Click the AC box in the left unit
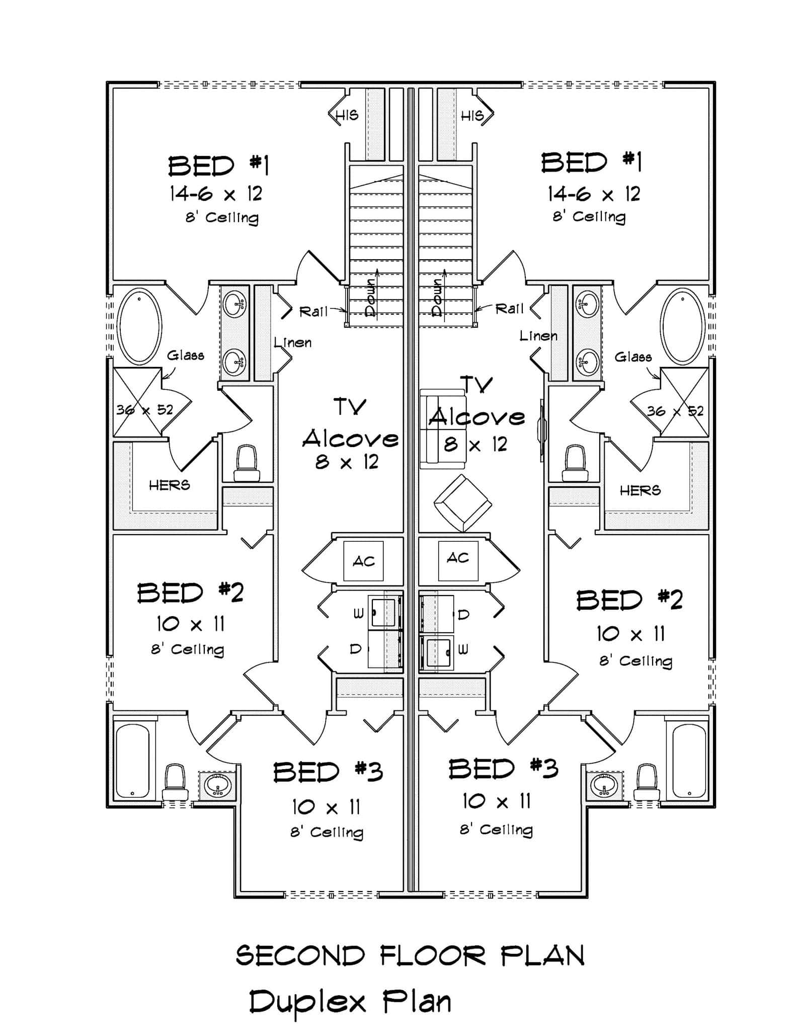coord(363,561)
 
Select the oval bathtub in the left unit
coord(139,326)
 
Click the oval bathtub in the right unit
coord(682,326)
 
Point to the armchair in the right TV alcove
coord(462,502)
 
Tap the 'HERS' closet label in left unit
coord(170,485)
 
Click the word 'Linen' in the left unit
coord(293,343)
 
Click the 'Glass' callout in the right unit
coord(633,357)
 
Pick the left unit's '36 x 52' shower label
coord(144,410)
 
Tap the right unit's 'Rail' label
coord(509,309)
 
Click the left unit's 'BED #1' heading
coord(218,166)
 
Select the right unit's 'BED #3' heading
coord(503,769)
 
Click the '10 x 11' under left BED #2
coord(190,624)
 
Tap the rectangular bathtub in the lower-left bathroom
coord(132,761)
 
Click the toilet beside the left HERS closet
coord(247,463)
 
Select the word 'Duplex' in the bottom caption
coord(307,1002)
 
